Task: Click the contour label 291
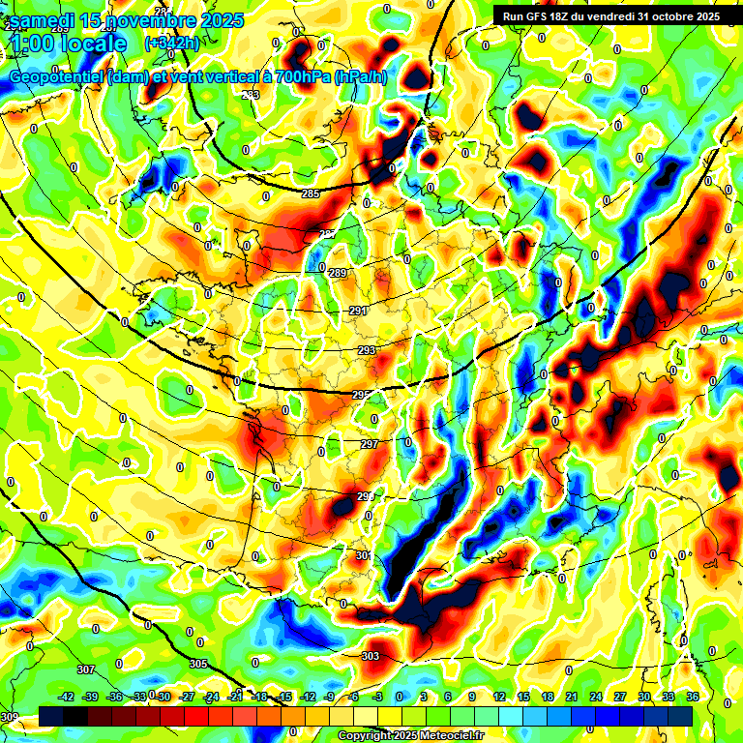(358, 311)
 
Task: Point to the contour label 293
(367, 350)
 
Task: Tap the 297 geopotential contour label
(369, 444)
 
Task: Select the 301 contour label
(363, 555)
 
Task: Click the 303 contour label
(371, 656)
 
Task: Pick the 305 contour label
(198, 664)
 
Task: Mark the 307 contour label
(85, 669)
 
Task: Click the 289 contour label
(337, 274)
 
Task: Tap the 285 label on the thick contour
(311, 194)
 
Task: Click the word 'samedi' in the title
(43, 20)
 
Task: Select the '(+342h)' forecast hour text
(171, 44)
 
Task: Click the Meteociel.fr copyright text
(411, 736)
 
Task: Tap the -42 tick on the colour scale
(67, 697)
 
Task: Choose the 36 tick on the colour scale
(693, 697)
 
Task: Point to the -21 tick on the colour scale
(235, 697)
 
